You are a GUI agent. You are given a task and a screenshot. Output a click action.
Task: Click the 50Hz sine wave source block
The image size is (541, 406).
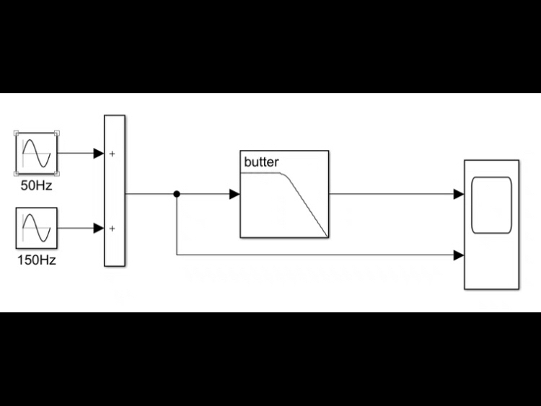coord(36,154)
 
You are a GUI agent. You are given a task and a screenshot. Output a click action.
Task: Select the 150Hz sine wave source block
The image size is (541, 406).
coord(36,228)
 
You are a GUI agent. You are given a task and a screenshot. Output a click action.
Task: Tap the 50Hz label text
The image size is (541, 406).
coord(36,185)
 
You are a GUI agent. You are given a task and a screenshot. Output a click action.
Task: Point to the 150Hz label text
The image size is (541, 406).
coord(36,260)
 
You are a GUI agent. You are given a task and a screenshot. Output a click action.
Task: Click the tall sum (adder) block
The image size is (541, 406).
coord(115,190)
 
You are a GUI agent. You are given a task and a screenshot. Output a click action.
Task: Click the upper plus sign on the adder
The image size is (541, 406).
coord(112,154)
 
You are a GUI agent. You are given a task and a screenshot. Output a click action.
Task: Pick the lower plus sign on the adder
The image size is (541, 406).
coord(112,229)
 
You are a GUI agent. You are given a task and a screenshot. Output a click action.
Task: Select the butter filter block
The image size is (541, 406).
coord(284,194)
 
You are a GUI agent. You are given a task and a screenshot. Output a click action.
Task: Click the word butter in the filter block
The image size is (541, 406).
coord(261,162)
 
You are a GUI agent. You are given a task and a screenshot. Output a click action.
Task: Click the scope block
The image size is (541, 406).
coord(491,224)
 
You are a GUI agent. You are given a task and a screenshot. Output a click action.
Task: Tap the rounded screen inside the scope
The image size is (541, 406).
coord(491,205)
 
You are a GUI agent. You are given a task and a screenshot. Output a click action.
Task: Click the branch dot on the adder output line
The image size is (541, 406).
coord(177,194)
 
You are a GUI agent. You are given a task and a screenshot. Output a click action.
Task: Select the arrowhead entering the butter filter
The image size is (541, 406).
coord(234,194)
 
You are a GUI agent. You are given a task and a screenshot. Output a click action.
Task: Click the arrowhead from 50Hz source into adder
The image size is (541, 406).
coord(99,154)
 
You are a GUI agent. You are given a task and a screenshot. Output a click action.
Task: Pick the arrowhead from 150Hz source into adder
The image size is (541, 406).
coord(99,229)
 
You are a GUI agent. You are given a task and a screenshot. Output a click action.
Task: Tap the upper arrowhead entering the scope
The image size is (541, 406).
coord(458,194)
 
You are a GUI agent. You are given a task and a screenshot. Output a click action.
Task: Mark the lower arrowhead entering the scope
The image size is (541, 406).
coord(458,255)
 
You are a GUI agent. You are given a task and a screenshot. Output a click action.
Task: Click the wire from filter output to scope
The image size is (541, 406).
coord(390,194)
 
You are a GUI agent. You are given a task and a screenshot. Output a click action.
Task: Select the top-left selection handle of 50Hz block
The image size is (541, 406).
coord(16,133)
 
